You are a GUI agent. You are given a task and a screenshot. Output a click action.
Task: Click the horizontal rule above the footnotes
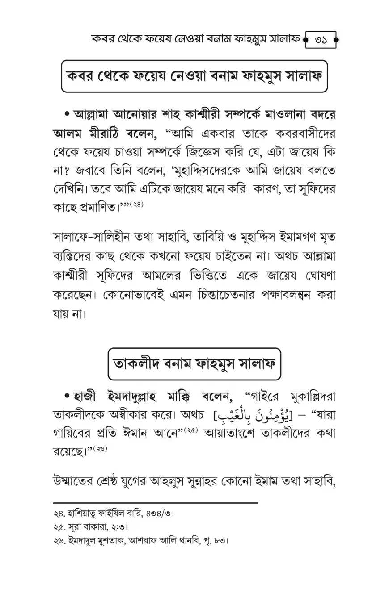(155, 503)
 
